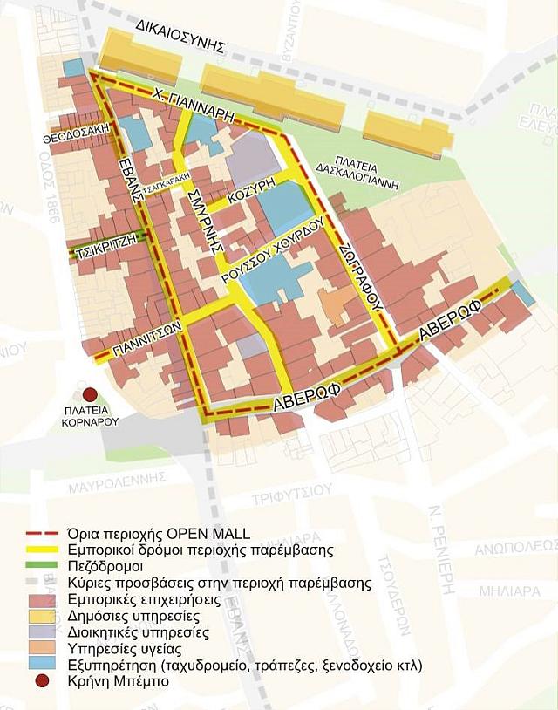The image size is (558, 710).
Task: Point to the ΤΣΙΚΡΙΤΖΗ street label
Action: click(103, 248)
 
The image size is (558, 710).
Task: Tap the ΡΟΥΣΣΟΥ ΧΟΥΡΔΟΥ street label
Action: click(273, 249)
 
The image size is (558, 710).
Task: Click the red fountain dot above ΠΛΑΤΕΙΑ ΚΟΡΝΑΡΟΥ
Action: click(90, 394)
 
